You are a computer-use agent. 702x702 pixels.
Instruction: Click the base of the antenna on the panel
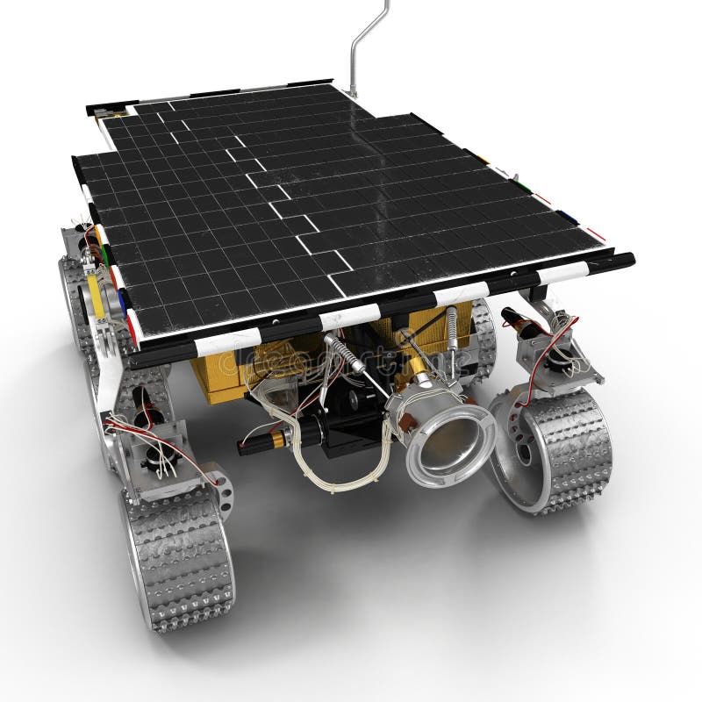(x=351, y=91)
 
